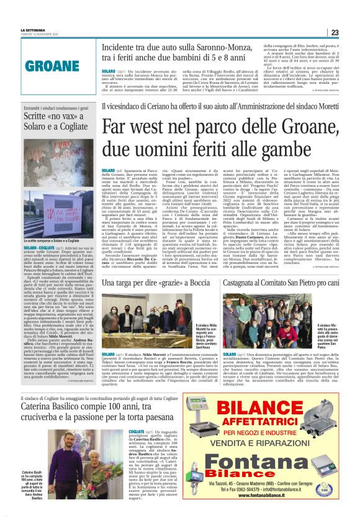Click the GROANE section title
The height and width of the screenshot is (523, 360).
click(x=47, y=64)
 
